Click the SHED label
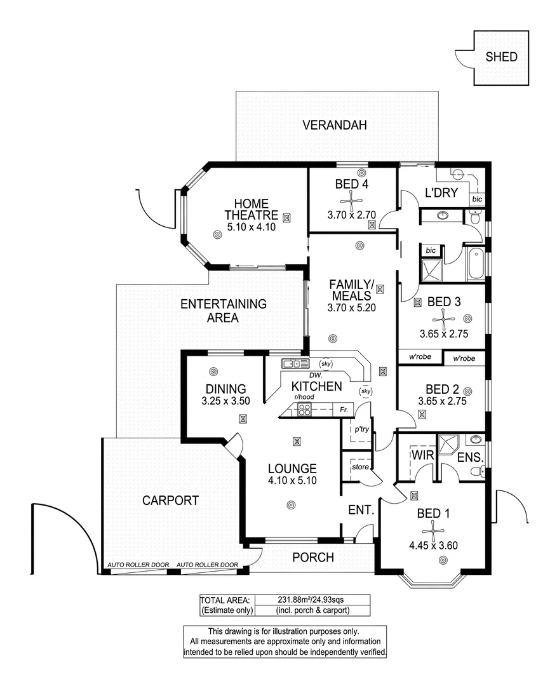501,57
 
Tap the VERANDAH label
334,125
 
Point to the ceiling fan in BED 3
442,319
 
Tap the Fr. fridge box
344,410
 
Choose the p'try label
362,429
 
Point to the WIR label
422,455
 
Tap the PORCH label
312,558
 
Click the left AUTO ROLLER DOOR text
138,565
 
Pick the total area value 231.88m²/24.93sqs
306,599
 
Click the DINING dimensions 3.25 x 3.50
225,401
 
